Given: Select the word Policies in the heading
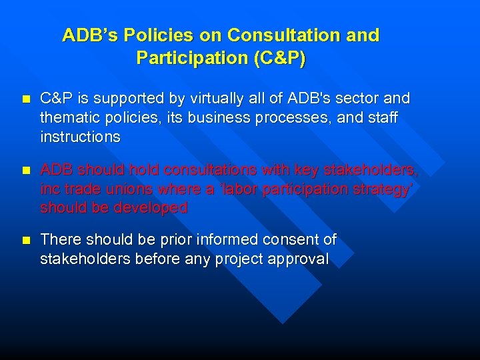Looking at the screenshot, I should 159,35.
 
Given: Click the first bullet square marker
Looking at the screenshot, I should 26,99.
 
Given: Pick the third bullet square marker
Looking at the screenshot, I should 26,240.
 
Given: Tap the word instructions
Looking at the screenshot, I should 80,137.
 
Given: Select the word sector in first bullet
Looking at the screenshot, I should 359,99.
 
